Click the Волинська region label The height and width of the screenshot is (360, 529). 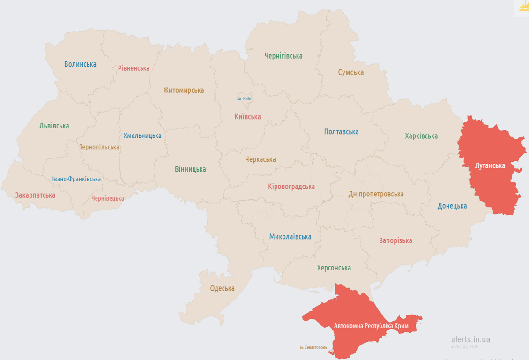pyautogui.click(x=80, y=64)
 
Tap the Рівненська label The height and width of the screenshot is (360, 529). pyautogui.click(x=134, y=68)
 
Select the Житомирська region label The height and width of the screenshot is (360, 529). pyautogui.click(x=184, y=90)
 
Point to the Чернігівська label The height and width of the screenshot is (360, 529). pyautogui.click(x=283, y=56)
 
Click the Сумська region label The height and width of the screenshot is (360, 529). pyautogui.click(x=351, y=73)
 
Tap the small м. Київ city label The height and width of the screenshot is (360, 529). pyautogui.click(x=245, y=99)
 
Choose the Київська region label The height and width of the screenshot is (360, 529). pyautogui.click(x=248, y=117)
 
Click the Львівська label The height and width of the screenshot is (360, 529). pyautogui.click(x=54, y=126)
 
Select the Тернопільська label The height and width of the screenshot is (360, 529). pyautogui.click(x=99, y=147)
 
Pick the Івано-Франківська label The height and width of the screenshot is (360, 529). pyautogui.click(x=76, y=179)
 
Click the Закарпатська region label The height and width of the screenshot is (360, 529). pyautogui.click(x=35, y=195)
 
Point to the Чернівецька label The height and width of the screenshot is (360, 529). pyautogui.click(x=108, y=198)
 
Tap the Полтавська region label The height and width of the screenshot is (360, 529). pyautogui.click(x=341, y=132)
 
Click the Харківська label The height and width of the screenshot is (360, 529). pyautogui.click(x=421, y=136)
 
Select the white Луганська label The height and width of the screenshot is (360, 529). pyautogui.click(x=490, y=165)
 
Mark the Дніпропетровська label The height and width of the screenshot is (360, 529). pyautogui.click(x=376, y=194)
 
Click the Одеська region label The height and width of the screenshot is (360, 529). pyautogui.click(x=222, y=288)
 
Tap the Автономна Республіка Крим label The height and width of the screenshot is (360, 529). pyautogui.click(x=371, y=326)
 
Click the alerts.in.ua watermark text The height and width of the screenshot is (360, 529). pyautogui.click(x=470, y=339)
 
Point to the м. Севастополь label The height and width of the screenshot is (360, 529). pyautogui.click(x=313, y=348)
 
